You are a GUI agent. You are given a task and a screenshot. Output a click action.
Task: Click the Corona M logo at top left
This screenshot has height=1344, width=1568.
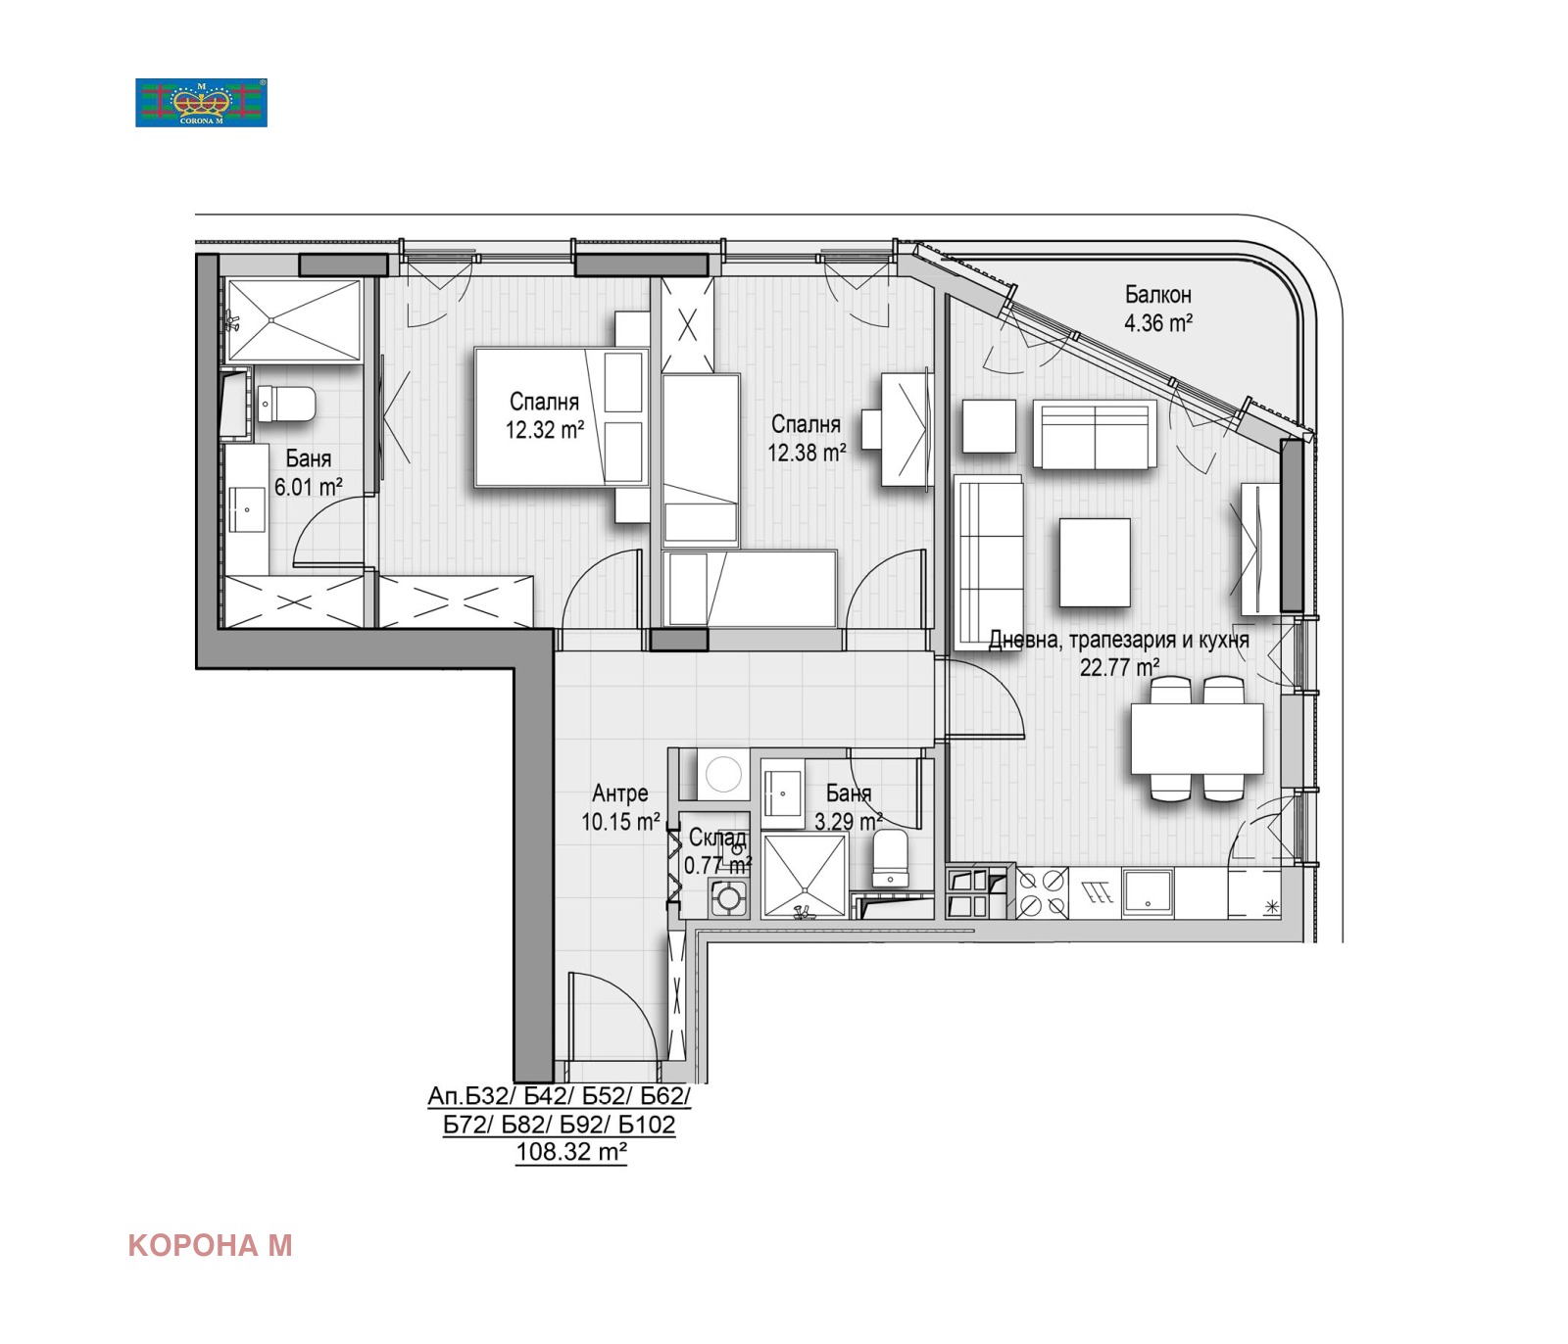point(201,103)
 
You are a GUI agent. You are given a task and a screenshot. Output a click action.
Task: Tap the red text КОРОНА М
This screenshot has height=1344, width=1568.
point(210,1245)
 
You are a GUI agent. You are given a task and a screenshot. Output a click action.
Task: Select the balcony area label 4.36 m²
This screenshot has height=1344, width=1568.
point(1157,322)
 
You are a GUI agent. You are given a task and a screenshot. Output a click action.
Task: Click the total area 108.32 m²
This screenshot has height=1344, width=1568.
point(571,1152)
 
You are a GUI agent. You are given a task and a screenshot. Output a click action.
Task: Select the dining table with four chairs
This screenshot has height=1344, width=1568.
point(1197,739)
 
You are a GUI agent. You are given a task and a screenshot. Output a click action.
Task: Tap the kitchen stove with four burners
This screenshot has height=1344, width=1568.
point(1041,892)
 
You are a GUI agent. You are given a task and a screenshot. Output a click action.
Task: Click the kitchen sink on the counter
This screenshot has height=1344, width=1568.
point(1148,892)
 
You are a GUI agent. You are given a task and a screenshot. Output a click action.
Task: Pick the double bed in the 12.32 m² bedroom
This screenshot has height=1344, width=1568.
point(560,416)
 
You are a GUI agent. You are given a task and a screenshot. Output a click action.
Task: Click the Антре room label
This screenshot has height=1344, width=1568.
point(619,793)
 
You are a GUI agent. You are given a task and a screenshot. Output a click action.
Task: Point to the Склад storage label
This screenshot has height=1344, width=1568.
point(717,839)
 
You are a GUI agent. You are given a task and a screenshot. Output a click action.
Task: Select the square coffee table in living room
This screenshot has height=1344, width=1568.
point(1095,562)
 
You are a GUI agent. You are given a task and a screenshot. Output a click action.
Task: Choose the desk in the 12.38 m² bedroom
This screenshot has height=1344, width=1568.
point(904,429)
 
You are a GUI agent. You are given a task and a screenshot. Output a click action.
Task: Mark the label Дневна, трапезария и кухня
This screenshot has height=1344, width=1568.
point(1118,641)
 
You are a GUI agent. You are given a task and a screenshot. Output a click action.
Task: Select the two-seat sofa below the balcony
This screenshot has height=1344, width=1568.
point(1094,435)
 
